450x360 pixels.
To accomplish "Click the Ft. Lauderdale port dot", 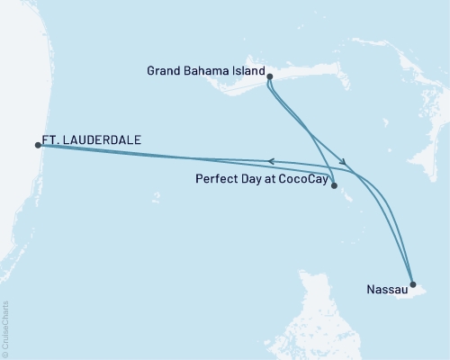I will click(x=38, y=144).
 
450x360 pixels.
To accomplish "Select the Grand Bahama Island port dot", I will click(x=270, y=79).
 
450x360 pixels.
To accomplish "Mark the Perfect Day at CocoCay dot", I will click(x=334, y=186).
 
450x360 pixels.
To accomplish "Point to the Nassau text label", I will click(x=385, y=290).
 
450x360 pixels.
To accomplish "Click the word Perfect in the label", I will click(x=213, y=179).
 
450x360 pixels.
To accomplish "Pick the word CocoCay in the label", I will click(x=303, y=179).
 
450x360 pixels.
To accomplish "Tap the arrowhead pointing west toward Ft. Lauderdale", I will click(x=271, y=161).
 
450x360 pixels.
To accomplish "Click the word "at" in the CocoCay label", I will click(x=267, y=179).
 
